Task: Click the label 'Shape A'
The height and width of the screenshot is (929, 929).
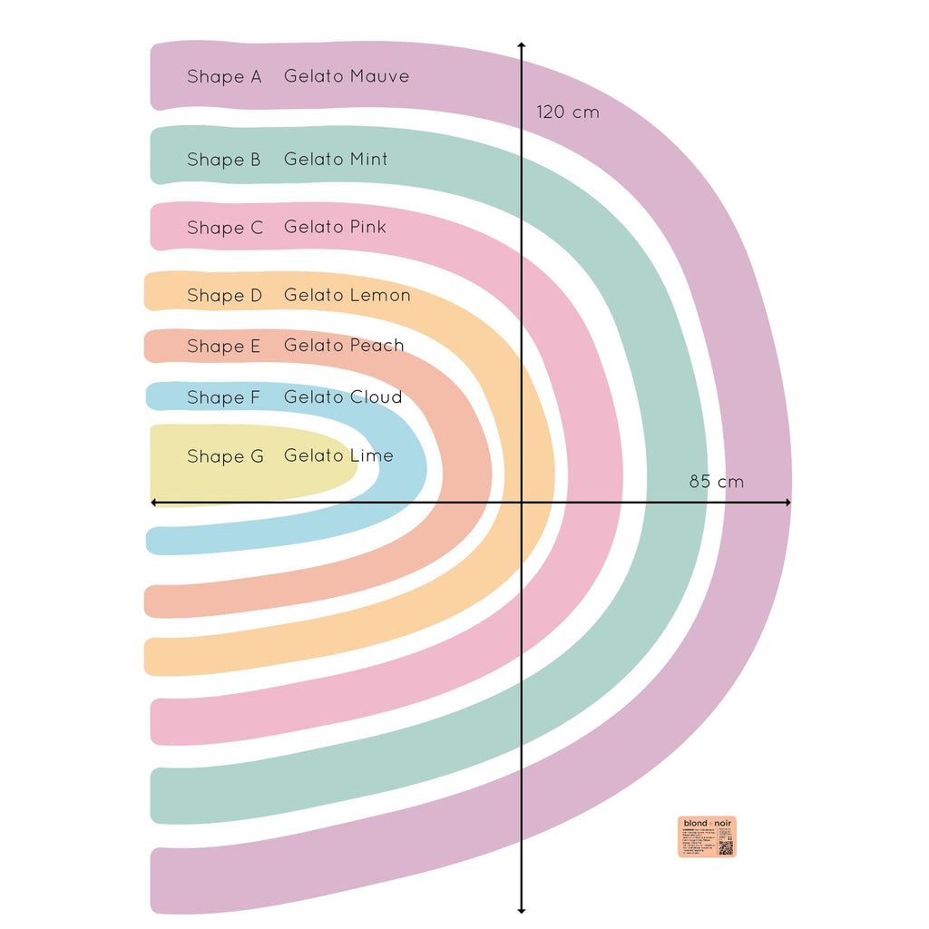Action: [224, 77]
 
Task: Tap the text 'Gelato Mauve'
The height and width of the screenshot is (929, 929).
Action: [347, 77]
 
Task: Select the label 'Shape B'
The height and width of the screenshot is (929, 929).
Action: [224, 160]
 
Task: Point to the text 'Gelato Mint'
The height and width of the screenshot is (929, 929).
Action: [336, 160]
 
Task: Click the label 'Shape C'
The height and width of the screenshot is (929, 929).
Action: [225, 228]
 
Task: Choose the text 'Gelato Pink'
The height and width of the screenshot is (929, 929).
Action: [335, 227]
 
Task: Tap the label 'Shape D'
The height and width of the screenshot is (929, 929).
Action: [225, 296]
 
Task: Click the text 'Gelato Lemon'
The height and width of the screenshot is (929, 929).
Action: [347, 296]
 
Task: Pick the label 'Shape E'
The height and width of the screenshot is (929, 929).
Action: [224, 347]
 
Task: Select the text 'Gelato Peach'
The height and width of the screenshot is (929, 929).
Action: [344, 346]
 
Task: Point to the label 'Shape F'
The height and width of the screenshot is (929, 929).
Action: [224, 398]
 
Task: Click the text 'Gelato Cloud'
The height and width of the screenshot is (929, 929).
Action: [343, 397]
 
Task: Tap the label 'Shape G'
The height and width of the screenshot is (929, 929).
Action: [225, 456]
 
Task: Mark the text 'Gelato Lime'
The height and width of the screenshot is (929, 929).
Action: [338, 455]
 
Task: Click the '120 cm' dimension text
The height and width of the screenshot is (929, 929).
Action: [568, 112]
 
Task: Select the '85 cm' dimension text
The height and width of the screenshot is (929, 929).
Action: [716, 482]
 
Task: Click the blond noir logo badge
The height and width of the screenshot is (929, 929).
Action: [707, 836]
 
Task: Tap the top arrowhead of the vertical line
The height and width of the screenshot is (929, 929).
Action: [521, 45]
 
